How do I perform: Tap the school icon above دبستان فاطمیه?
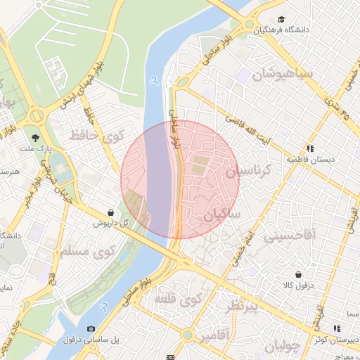(x=310, y=148)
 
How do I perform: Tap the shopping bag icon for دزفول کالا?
(x=298, y=274)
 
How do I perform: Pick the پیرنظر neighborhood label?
(x=240, y=307)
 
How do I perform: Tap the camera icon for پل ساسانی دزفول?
(x=91, y=328)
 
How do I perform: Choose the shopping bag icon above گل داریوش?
(x=111, y=212)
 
